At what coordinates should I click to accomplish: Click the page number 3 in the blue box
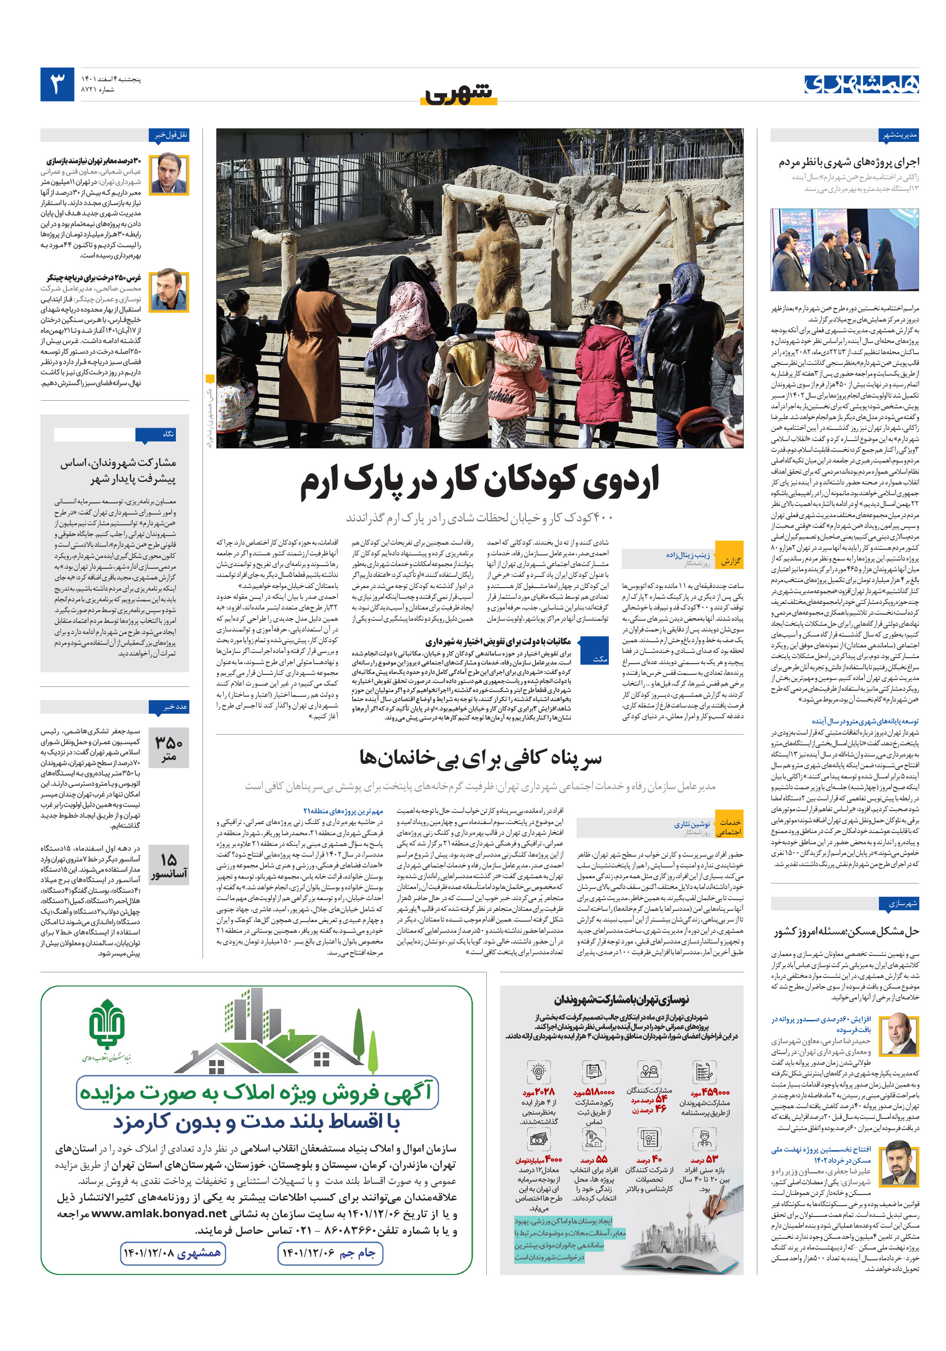tap(57, 84)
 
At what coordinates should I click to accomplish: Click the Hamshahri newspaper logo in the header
tap(861, 85)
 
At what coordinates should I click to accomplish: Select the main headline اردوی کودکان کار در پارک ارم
tap(480, 481)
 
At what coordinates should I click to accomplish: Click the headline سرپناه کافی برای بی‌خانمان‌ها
tap(480, 758)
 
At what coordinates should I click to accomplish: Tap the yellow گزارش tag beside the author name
tap(730, 561)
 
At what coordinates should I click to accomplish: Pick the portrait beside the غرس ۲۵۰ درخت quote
tap(169, 292)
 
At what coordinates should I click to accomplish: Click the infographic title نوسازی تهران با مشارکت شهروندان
tap(620, 999)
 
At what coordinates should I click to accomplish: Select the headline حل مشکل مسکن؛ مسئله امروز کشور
tap(846, 931)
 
